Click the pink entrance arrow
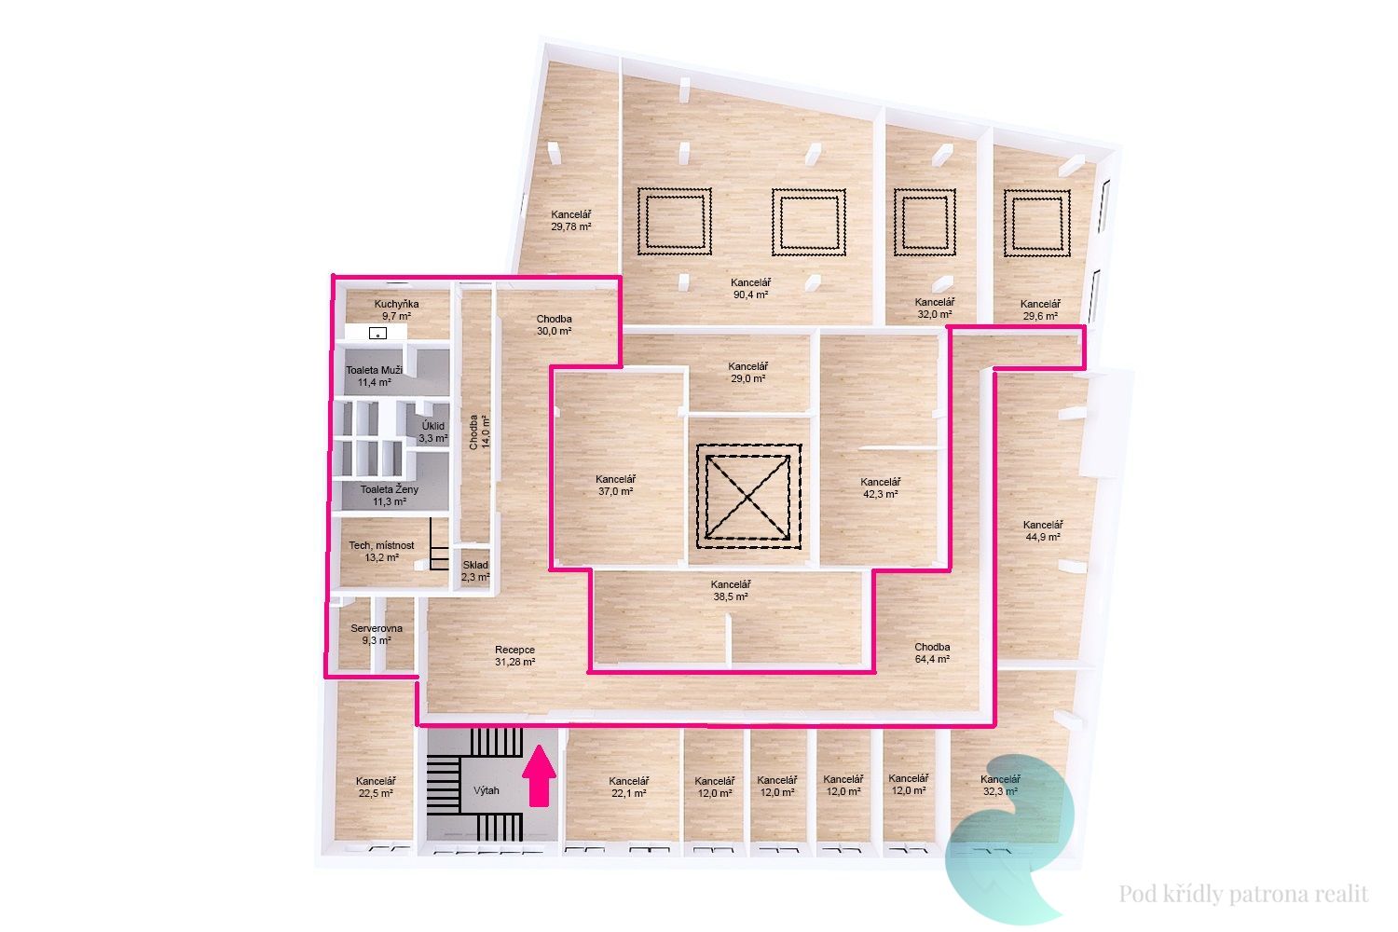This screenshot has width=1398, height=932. (x=539, y=775)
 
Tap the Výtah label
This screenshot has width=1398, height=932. (x=487, y=791)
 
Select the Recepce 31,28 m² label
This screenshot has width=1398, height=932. (x=514, y=656)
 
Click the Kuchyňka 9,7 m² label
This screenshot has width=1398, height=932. (x=396, y=310)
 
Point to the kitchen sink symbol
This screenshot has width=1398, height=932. (x=377, y=334)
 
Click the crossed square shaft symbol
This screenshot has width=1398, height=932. (x=748, y=496)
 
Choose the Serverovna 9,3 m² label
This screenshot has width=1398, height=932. (x=377, y=635)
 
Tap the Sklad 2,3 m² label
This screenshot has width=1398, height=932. (x=475, y=571)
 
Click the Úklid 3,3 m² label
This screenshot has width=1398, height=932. (x=433, y=432)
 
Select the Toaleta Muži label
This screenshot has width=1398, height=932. (x=374, y=370)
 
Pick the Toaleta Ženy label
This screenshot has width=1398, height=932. (x=390, y=489)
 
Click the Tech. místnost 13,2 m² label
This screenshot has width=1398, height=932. (x=381, y=551)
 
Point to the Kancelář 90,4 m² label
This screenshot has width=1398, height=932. (x=751, y=288)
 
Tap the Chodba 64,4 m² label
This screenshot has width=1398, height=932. (x=932, y=653)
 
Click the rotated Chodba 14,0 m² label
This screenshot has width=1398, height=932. (x=480, y=432)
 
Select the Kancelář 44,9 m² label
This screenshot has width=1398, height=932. (x=1043, y=530)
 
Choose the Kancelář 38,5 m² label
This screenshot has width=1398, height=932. (x=731, y=591)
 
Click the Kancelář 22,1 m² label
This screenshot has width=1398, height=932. (x=629, y=788)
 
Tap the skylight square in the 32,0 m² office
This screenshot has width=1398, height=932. (x=925, y=222)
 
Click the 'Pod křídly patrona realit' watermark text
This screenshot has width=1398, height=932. (x=1243, y=894)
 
